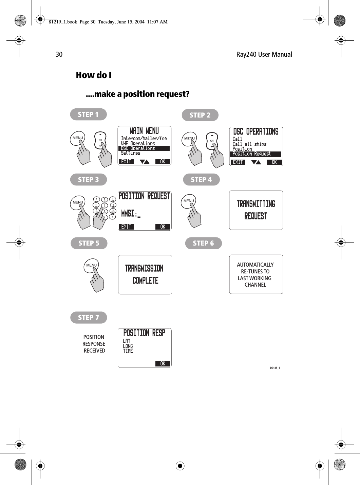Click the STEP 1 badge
[88, 114]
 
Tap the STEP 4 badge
[201, 180]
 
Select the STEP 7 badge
[89, 318]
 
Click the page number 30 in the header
[59, 54]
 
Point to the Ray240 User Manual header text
[264, 54]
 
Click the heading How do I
[94, 75]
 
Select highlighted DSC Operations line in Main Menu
[144, 148]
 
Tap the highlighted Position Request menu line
[255, 154]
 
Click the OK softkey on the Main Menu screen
[163, 162]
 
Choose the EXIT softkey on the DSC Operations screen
[238, 162]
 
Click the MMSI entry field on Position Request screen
[131, 214]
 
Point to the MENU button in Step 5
[91, 266]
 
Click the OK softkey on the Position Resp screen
[163, 363]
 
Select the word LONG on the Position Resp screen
[128, 346]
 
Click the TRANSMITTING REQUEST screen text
[256, 210]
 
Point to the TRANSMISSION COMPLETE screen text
[145, 274]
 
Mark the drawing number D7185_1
[274, 368]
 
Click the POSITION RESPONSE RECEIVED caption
[94, 344]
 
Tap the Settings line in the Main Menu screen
[131, 153]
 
